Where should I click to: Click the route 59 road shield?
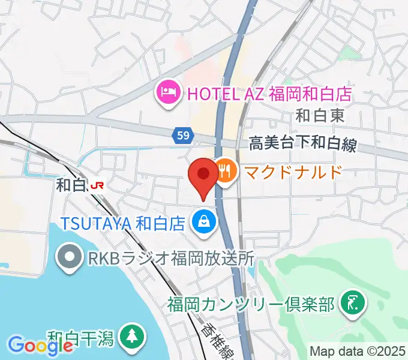pos(184,136)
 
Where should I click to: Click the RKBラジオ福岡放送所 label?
pos(170,259)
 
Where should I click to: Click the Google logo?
pos(32,344)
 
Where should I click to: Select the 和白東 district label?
pos(321,116)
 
